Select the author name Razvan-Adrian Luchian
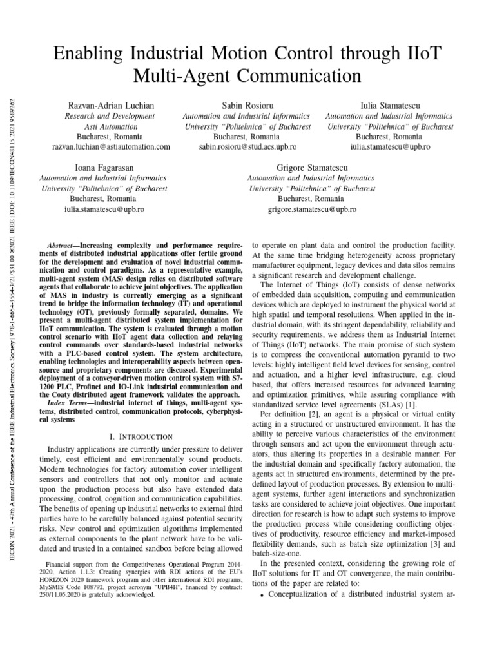pyautogui.click(x=110, y=105)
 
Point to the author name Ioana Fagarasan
pyautogui.click(x=104, y=168)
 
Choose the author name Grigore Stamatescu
pyautogui.click(x=312, y=168)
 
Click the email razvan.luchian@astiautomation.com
pyautogui.click(x=110, y=147)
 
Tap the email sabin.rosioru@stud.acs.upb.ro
pyautogui.click(x=247, y=147)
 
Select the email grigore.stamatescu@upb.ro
pyautogui.click(x=312, y=209)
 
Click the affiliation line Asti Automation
pyautogui.click(x=110, y=126)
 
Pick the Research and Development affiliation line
pyautogui.click(x=110, y=116)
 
